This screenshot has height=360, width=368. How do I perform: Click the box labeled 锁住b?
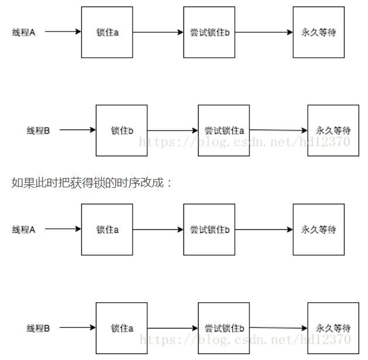pyautogui.click(x=121, y=130)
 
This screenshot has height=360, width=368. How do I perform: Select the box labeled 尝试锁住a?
pyautogui.click(x=224, y=130)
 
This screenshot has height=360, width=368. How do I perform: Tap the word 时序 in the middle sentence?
pyautogui.click(x=129, y=183)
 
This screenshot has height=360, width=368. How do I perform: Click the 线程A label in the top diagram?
pyautogui.click(x=24, y=32)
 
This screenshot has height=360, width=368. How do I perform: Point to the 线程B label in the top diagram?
pyautogui.click(x=38, y=130)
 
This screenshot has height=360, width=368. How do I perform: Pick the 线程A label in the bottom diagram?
pyautogui.click(x=24, y=229)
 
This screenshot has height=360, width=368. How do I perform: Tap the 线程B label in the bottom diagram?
pyautogui.click(x=38, y=328)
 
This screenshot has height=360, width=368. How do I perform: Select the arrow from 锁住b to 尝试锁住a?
pyautogui.click(x=172, y=130)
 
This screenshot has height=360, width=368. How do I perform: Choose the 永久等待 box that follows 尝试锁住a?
pyautogui.click(x=333, y=130)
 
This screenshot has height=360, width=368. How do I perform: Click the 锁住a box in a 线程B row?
pyautogui.click(x=121, y=328)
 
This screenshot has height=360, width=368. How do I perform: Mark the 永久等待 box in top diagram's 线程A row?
pyautogui.click(x=318, y=32)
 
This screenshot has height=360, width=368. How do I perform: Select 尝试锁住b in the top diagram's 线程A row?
pyautogui.click(x=209, y=32)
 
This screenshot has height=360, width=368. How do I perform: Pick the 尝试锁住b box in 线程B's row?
pyautogui.click(x=224, y=328)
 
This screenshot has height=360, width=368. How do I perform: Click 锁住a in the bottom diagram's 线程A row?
pyautogui.click(x=107, y=229)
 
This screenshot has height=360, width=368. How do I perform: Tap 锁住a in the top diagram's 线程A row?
pyautogui.click(x=107, y=32)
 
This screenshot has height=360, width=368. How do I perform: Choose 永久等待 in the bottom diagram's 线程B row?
pyautogui.click(x=333, y=328)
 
